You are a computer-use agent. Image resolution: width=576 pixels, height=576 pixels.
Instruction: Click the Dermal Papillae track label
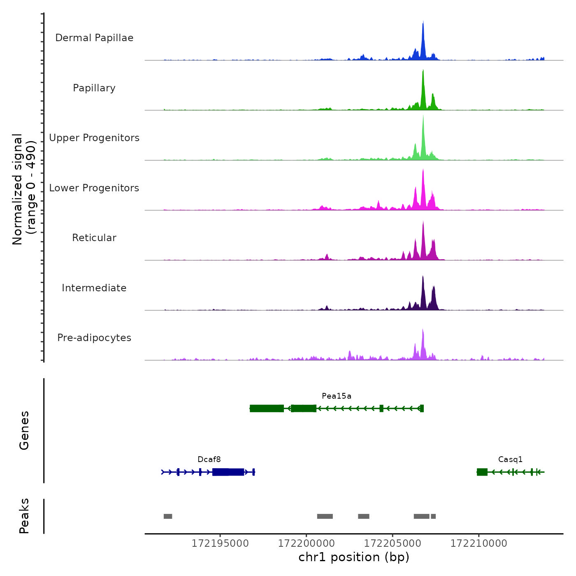coord(94,38)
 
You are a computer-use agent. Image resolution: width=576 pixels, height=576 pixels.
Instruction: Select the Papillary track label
coord(94,88)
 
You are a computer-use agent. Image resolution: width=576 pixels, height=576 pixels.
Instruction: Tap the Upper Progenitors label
coord(94,138)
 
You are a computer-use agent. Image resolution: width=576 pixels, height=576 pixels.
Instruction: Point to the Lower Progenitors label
coord(94,188)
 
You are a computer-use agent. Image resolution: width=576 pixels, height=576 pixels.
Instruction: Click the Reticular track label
coord(94,238)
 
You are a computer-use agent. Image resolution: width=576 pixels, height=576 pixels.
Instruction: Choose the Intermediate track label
coord(94,288)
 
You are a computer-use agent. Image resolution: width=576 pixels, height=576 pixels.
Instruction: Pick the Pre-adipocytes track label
coord(94,338)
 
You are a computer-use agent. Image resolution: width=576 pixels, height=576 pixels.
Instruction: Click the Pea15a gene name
coord(337,396)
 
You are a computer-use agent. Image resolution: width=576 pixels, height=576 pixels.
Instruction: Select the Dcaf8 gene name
coord(209,460)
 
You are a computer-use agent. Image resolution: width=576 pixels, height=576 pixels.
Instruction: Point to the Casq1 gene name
coord(510,460)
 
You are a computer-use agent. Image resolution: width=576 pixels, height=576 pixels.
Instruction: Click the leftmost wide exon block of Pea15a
coord(267,409)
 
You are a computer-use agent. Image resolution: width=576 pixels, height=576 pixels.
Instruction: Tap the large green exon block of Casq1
coord(482,472)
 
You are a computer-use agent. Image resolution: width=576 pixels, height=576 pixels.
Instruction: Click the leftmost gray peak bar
coord(168,516)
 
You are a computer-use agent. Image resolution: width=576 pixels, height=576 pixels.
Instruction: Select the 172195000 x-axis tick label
coord(220,543)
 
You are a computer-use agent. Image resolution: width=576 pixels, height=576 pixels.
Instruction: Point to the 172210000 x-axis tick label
coord(478,543)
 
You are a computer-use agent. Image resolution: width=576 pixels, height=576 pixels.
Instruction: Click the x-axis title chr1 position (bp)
coord(354,557)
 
